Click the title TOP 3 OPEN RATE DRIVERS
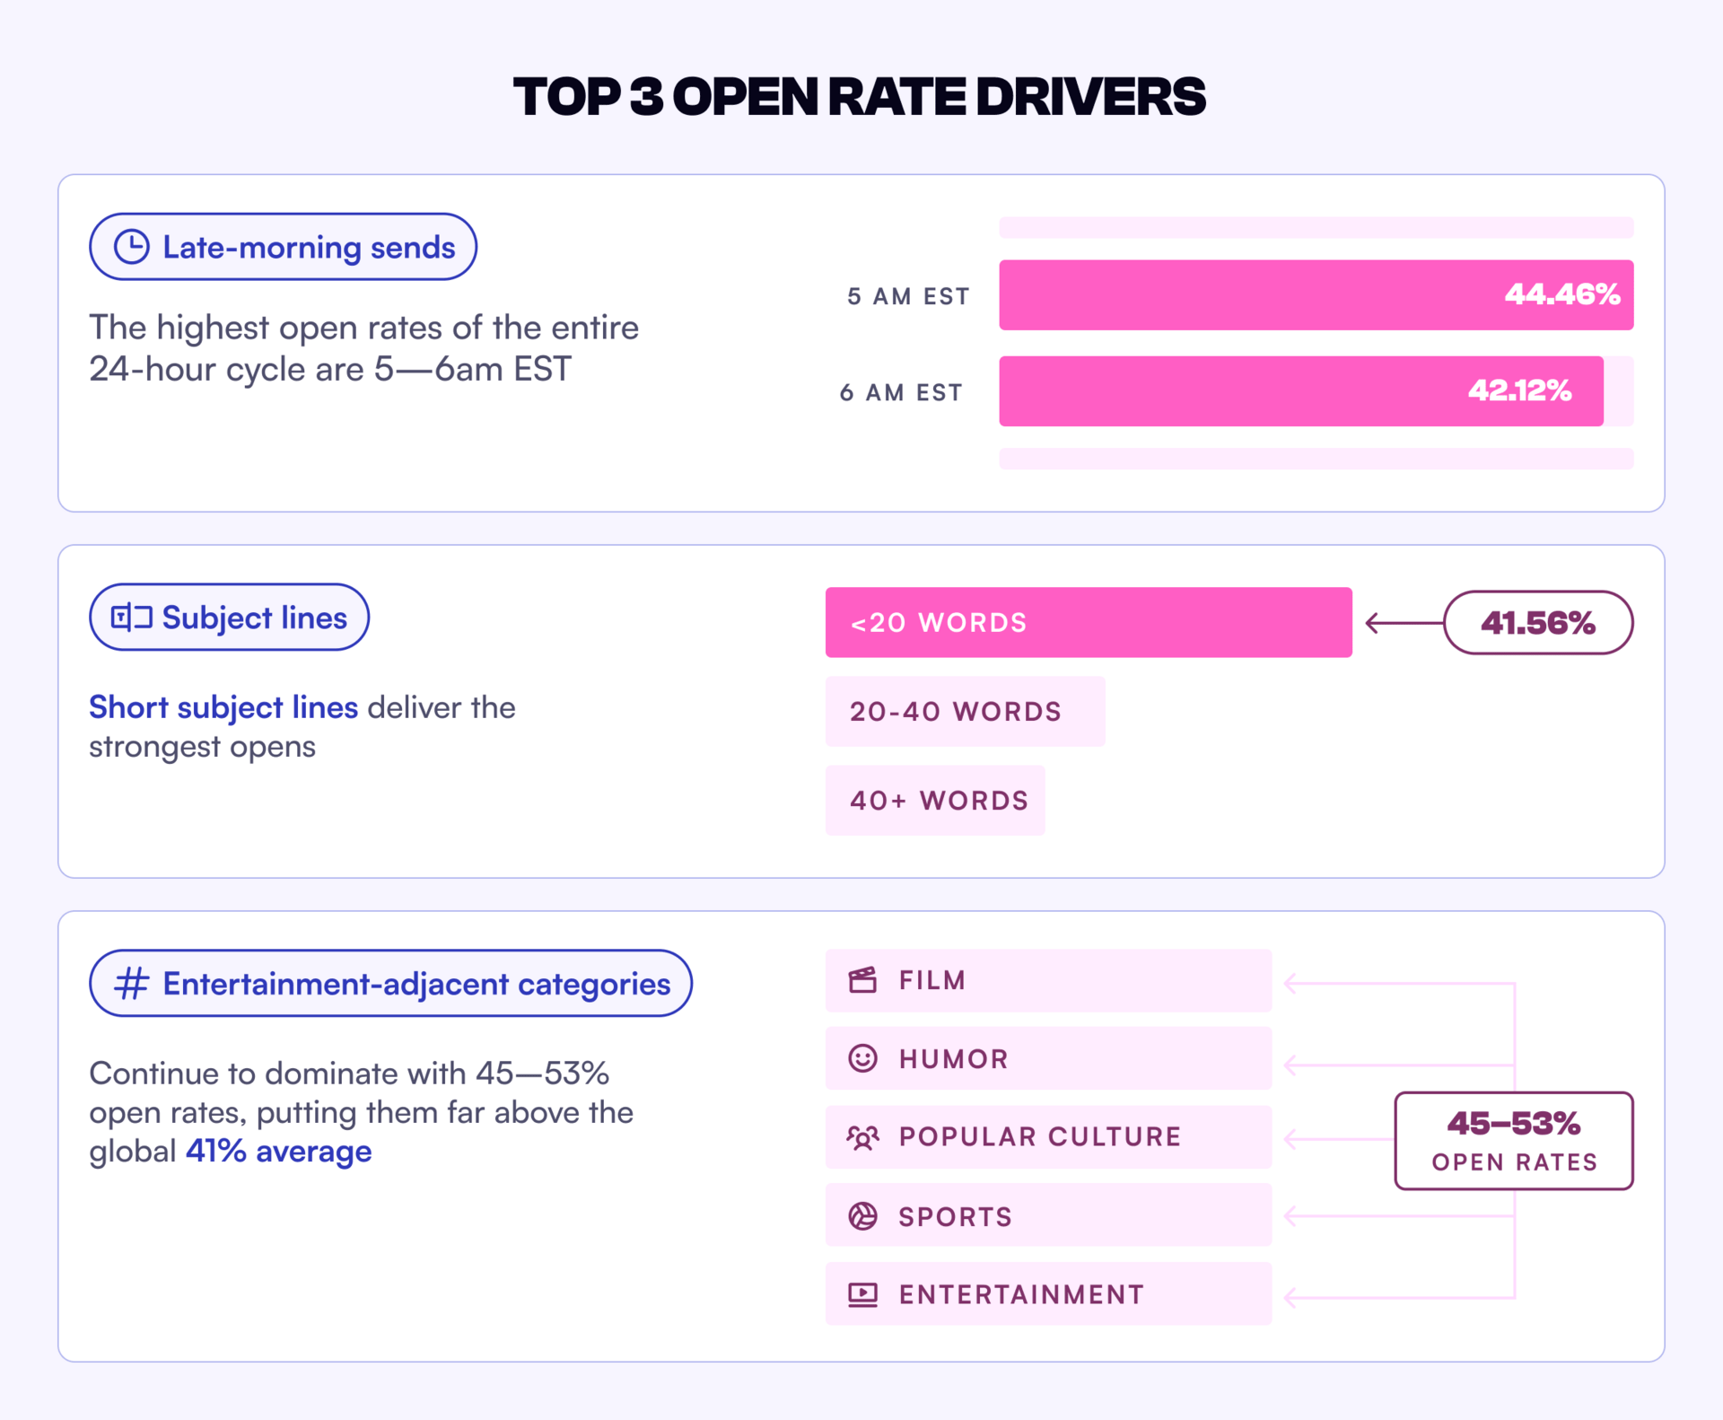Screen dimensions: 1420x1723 click(x=859, y=97)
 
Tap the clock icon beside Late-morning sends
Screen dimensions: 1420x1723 click(x=132, y=247)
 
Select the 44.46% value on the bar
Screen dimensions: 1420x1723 click(x=1561, y=294)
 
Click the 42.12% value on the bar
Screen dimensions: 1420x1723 click(x=1519, y=390)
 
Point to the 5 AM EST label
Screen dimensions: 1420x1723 click(x=908, y=296)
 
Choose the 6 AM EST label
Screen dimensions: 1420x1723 click(x=901, y=392)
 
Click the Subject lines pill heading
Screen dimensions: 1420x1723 click(x=229, y=618)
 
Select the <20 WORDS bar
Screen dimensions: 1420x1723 click(x=1088, y=622)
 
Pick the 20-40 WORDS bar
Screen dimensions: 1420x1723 click(x=965, y=711)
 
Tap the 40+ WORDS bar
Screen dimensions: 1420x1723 click(x=935, y=800)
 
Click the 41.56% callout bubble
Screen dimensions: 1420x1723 click(x=1537, y=622)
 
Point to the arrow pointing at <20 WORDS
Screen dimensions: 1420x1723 click(x=1404, y=622)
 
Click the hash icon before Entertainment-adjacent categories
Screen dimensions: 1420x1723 click(x=132, y=983)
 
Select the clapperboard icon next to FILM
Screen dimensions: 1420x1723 click(x=862, y=980)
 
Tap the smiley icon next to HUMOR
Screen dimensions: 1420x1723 click(x=862, y=1058)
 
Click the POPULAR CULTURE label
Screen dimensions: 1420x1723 click(x=1039, y=1136)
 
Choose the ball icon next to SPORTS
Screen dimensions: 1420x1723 click(x=862, y=1216)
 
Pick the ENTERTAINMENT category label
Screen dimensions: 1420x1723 click(x=1021, y=1294)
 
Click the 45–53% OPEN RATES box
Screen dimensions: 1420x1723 click(x=1514, y=1141)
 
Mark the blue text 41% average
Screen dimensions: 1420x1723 click(x=278, y=1151)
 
